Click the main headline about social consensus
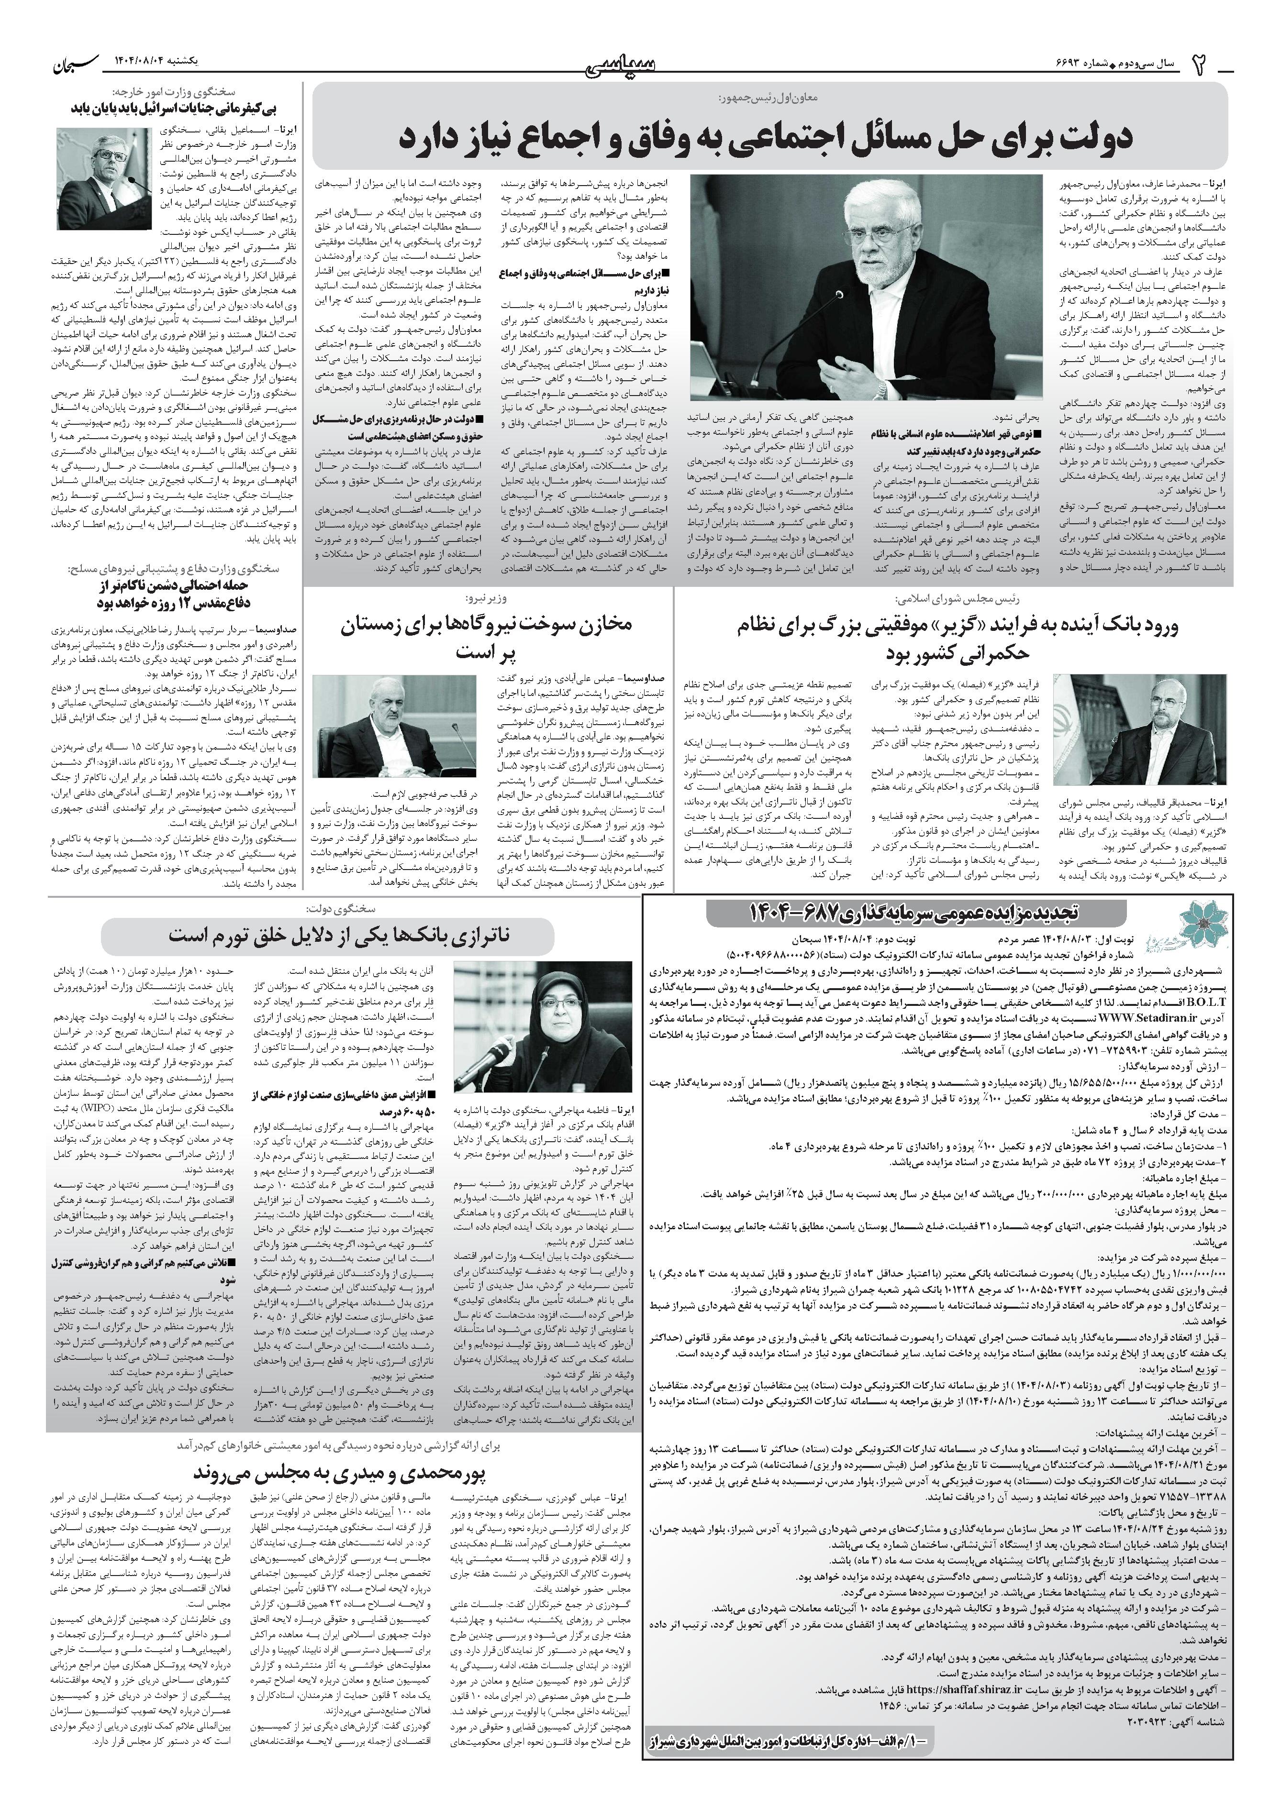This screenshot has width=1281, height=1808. tap(765, 136)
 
